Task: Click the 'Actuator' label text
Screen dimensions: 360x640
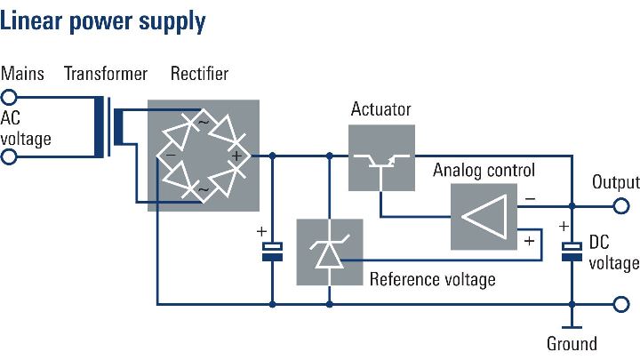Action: pos(381,110)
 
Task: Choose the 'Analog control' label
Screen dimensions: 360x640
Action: pos(484,169)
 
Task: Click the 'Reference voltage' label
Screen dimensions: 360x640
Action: pos(432,279)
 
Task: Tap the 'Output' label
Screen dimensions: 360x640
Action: pos(615,183)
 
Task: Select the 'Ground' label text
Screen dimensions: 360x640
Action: pos(572,343)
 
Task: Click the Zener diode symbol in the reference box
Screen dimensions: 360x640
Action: pos(329,252)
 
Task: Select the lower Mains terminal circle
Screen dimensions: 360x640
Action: pos(9,157)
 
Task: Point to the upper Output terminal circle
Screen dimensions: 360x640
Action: pos(620,205)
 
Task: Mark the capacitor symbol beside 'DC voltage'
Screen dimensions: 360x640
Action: pos(571,251)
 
